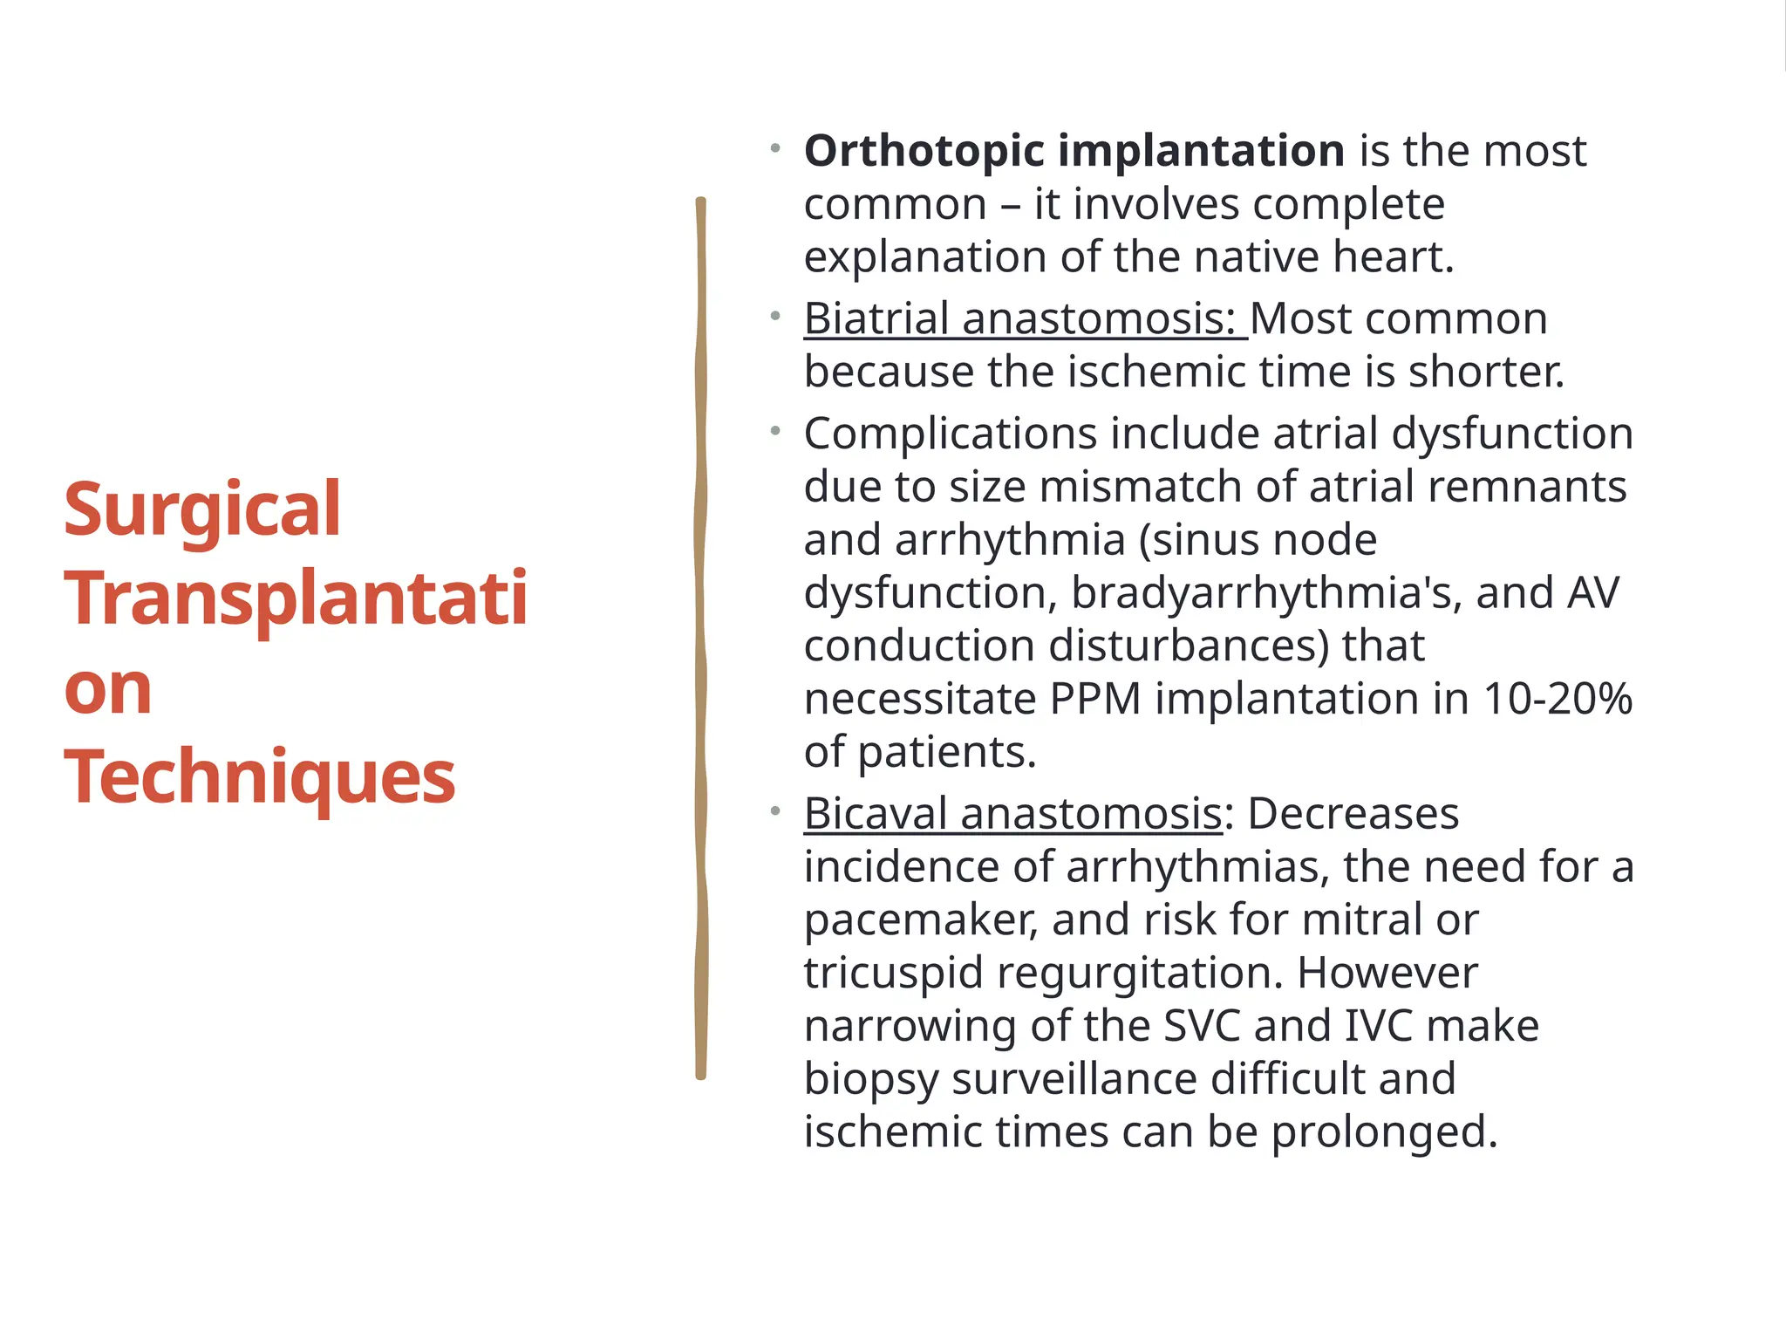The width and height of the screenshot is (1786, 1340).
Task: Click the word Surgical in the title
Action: (x=201, y=511)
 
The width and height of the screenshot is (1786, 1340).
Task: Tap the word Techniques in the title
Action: (x=259, y=776)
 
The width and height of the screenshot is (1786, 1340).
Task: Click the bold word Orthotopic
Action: (x=924, y=151)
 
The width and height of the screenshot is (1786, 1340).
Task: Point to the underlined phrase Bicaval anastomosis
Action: (x=1012, y=814)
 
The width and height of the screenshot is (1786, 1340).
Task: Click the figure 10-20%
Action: (x=1558, y=699)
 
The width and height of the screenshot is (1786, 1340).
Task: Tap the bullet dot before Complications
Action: (x=775, y=430)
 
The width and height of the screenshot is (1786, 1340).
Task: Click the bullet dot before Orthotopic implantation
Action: (x=775, y=148)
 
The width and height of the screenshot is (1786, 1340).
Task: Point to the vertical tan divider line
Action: (x=700, y=637)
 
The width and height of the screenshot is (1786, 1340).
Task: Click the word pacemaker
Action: (x=921, y=920)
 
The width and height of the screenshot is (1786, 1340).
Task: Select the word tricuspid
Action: (x=893, y=973)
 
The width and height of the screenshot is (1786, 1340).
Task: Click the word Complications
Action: (x=950, y=434)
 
